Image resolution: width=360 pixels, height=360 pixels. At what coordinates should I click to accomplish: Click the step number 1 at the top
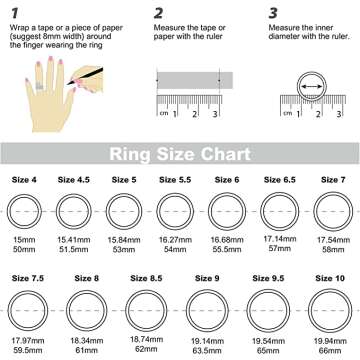(x=14, y=14)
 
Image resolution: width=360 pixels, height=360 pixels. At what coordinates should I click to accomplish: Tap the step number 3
(x=273, y=14)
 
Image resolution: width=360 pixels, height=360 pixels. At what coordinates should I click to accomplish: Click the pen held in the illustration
(x=85, y=76)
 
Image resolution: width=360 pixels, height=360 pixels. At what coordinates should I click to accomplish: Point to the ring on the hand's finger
(x=40, y=86)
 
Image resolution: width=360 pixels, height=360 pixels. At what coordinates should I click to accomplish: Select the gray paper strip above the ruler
(x=195, y=80)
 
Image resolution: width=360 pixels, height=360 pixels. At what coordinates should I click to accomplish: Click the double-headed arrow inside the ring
(x=312, y=87)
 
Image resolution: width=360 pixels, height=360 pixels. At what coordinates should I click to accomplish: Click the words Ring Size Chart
(x=180, y=154)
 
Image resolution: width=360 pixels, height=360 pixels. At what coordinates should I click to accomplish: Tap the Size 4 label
(x=24, y=180)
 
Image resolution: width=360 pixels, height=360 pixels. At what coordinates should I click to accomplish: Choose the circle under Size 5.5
(x=175, y=193)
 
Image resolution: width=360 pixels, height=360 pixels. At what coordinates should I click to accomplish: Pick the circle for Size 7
(x=333, y=192)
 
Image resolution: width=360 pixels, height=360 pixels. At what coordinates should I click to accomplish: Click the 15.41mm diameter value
(x=73, y=240)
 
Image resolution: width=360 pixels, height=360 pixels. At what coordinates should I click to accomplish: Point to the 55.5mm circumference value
(x=227, y=249)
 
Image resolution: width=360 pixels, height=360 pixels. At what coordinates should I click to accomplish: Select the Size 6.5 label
(x=280, y=180)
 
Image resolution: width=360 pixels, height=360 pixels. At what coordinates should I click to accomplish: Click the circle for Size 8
(x=86, y=291)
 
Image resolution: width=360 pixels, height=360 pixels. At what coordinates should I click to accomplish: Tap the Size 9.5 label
(x=268, y=278)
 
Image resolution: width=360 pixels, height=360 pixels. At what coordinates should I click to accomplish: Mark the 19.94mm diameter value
(x=330, y=341)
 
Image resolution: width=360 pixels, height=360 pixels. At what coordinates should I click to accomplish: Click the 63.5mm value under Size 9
(x=207, y=351)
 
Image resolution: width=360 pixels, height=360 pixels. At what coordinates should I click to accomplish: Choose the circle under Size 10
(x=330, y=289)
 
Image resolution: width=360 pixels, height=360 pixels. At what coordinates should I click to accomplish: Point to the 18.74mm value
(x=146, y=340)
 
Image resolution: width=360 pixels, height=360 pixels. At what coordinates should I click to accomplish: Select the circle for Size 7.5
(x=28, y=291)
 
